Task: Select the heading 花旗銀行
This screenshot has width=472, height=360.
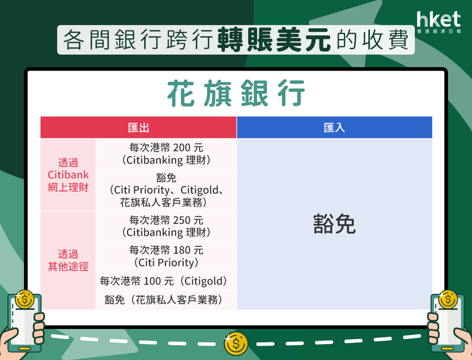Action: tap(236, 93)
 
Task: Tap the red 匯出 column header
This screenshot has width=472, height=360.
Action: tap(138, 128)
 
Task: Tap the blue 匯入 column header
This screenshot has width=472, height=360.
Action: tap(335, 128)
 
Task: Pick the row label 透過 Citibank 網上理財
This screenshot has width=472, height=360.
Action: tap(68, 175)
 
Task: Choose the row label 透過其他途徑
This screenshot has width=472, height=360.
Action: tap(68, 260)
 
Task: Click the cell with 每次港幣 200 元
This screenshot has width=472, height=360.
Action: tap(166, 154)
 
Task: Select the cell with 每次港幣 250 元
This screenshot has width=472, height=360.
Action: tap(166, 226)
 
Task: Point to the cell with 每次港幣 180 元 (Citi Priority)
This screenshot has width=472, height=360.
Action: tap(166, 256)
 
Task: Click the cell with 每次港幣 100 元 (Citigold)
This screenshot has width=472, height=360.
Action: tap(166, 281)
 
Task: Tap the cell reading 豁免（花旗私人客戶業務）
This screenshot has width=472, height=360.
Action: tap(166, 300)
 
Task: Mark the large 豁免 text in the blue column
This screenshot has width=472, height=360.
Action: tap(334, 224)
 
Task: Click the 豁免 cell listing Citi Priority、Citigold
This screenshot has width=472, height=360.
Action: tap(166, 190)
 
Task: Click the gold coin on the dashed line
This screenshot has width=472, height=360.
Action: tap(236, 344)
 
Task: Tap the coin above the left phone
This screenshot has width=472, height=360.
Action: tap(24, 300)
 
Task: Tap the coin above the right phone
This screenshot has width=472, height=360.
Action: tap(448, 300)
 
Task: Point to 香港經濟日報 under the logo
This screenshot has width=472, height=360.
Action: tap(439, 31)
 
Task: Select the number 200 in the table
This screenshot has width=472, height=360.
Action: tap(182, 148)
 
